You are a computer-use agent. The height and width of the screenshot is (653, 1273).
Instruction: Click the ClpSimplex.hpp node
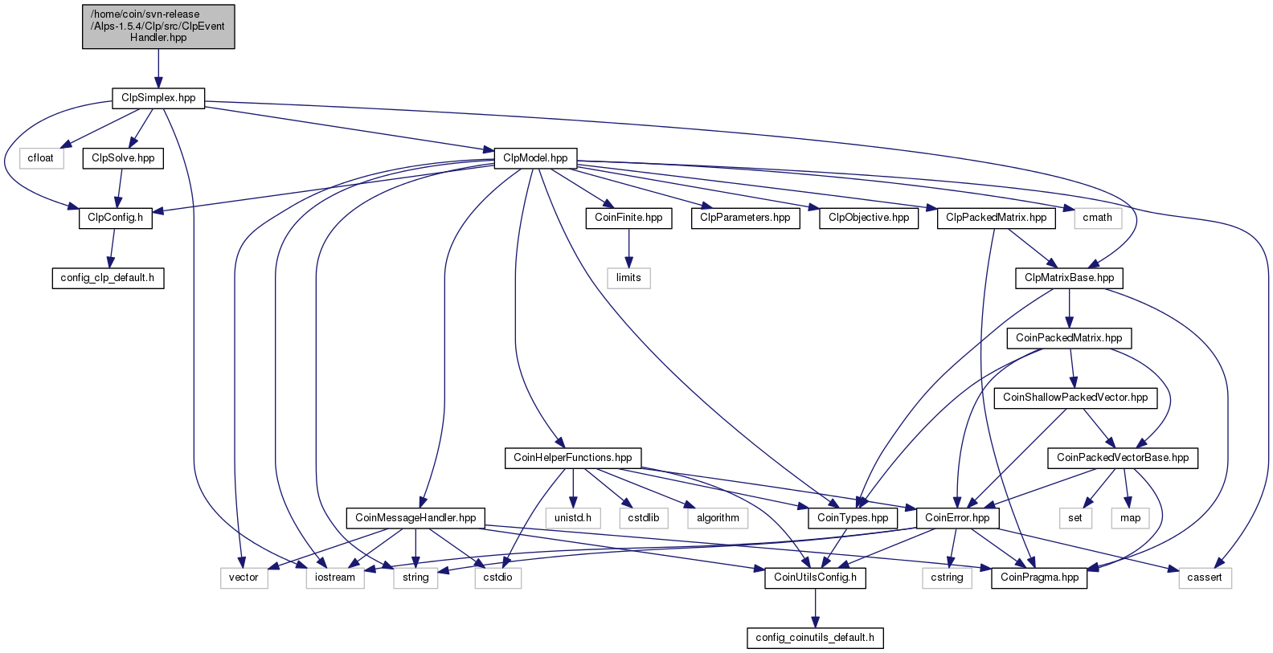[158, 98]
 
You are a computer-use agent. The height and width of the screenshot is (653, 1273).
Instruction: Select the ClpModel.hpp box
[535, 158]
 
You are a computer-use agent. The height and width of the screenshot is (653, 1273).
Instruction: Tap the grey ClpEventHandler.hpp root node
[158, 27]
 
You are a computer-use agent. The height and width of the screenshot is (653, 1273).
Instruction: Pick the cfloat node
[40, 158]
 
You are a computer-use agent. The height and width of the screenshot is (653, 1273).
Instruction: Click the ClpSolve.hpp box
[123, 158]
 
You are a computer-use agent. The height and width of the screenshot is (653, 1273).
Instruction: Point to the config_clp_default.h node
[108, 278]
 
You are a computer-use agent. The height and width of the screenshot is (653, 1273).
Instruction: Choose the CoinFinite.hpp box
[628, 218]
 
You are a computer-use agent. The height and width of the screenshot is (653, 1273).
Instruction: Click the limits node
[628, 278]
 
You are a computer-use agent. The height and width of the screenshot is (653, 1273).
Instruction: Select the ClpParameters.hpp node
[745, 218]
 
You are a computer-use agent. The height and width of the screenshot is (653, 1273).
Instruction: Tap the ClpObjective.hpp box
[869, 218]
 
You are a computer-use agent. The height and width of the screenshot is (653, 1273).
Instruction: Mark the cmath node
[1098, 218]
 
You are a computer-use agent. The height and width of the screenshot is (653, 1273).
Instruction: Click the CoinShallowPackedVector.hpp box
[1075, 398]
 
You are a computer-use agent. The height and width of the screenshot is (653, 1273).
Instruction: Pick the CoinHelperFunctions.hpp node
[573, 458]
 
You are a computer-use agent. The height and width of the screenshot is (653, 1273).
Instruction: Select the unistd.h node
[573, 518]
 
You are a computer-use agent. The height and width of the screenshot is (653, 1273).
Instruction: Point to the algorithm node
[718, 518]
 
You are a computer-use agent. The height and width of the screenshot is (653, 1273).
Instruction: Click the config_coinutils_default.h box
[815, 638]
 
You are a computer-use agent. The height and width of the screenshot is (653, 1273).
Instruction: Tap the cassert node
[1205, 578]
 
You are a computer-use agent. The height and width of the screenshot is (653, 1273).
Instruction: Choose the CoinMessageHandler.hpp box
[415, 518]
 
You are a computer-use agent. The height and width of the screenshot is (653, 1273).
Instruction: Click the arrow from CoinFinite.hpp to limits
[628, 248]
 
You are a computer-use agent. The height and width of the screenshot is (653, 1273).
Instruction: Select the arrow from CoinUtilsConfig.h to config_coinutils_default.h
[815, 607]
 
